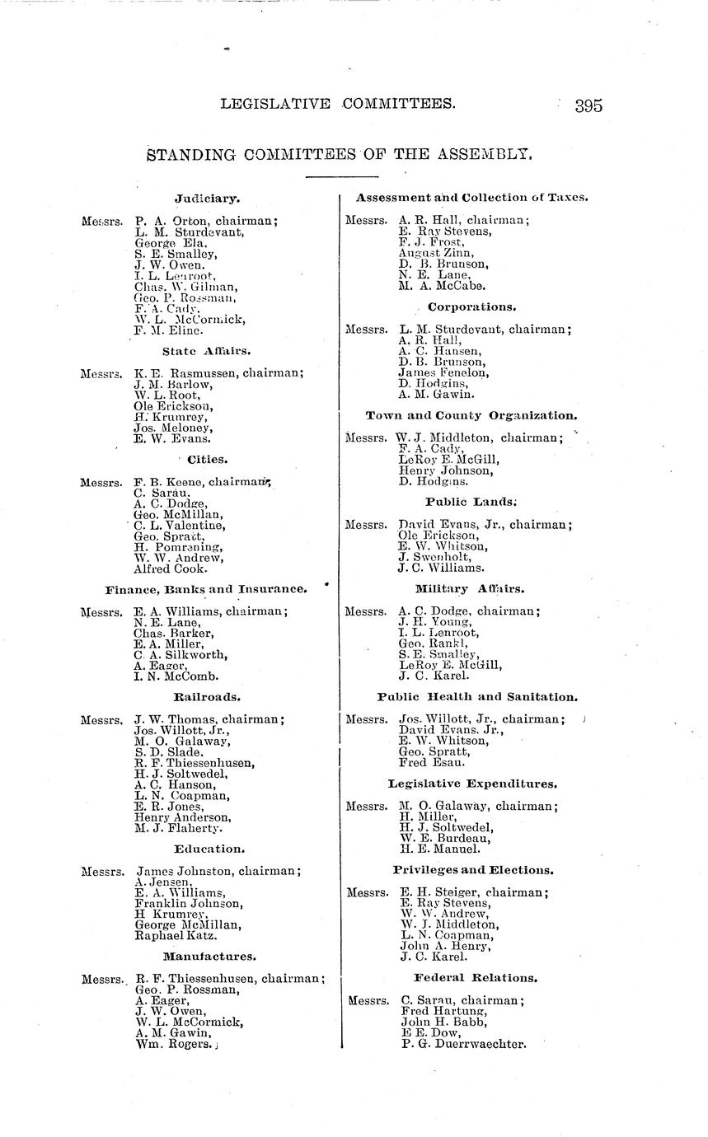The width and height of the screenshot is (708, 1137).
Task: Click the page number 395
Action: pos(589,105)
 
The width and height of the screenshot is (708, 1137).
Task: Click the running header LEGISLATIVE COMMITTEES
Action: pos(338,104)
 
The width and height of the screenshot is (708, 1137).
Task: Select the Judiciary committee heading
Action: pos(207,198)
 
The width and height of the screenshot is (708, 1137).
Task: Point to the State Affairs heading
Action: pos(207,350)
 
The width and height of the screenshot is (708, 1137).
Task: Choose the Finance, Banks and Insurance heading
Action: pos(206,589)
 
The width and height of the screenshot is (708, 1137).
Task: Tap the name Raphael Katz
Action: pos(176,936)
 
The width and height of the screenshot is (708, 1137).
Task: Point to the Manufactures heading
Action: pos(209,957)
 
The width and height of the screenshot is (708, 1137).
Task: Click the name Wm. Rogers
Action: pos(172,1043)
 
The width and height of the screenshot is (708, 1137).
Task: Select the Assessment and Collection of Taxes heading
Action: pos(471,197)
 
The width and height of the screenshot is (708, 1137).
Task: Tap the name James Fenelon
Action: pos(443,372)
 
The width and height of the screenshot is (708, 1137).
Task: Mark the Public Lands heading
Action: pos(471,501)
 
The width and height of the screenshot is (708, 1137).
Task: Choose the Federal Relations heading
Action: pos(476,978)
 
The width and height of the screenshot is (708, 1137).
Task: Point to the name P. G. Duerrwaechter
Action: pos(462,1043)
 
